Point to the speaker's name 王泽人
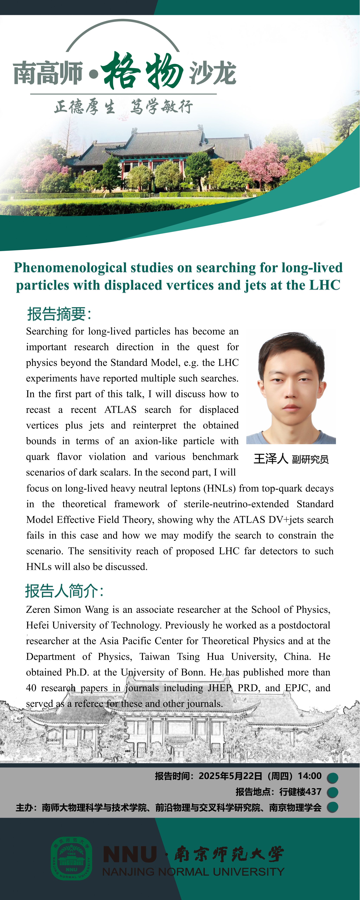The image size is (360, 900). click(x=271, y=459)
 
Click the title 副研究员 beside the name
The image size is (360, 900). click(x=310, y=459)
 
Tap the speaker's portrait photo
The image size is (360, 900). click(x=291, y=388)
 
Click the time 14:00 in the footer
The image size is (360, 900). click(x=309, y=776)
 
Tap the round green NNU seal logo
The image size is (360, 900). click(x=72, y=858)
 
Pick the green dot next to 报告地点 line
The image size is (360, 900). click(x=332, y=792)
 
